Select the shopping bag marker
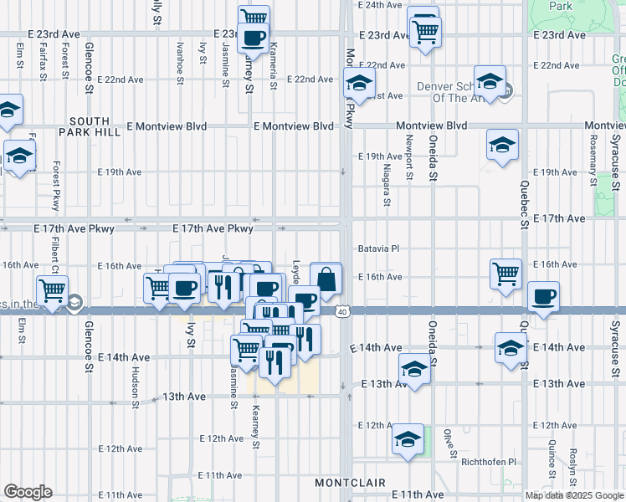click(x=326, y=278)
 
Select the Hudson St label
click(x=135, y=386)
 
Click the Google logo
click(x=28, y=492)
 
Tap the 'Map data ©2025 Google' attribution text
click(x=575, y=495)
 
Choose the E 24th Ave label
click(x=381, y=5)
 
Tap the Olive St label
click(x=448, y=438)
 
